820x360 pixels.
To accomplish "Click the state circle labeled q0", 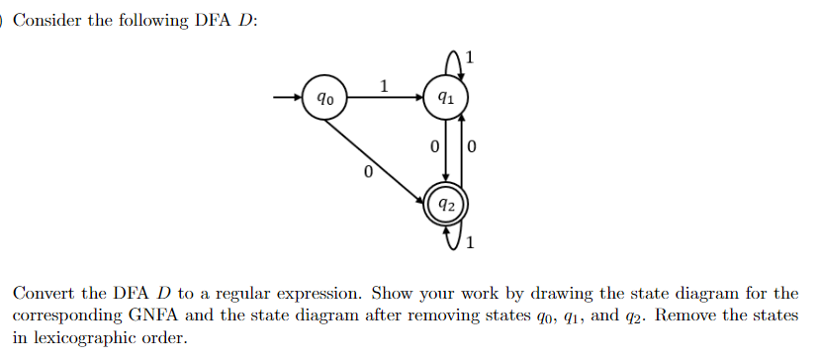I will (324, 99).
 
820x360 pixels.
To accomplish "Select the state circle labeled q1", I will (446, 99).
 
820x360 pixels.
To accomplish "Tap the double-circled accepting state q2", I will (447, 206).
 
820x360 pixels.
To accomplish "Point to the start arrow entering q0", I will (286, 99).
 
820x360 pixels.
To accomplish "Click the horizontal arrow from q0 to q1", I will (385, 99).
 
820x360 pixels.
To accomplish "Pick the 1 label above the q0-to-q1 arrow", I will (384, 85).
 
